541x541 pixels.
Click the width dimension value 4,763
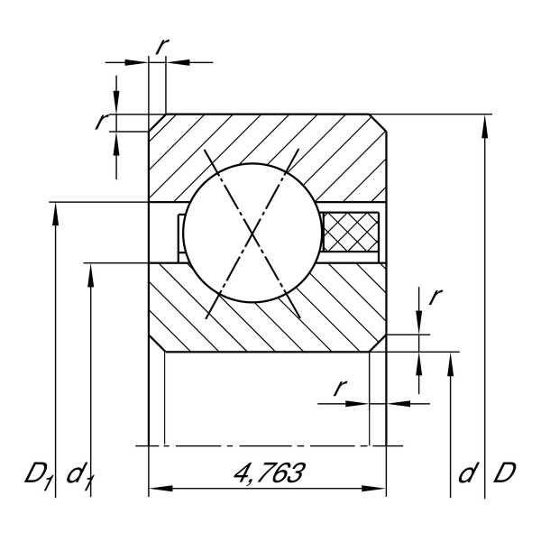tap(269, 473)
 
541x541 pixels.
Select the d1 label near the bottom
tap(80, 475)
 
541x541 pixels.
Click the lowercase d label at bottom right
tap(468, 472)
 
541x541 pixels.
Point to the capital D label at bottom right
tap(504, 472)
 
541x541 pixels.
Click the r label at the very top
tap(161, 46)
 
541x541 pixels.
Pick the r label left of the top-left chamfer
tap(101, 121)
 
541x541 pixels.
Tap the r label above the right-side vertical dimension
tap(436, 296)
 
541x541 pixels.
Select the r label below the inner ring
tap(340, 388)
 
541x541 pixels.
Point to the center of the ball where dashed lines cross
tap(252, 234)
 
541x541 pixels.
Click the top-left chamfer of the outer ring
tap(157, 123)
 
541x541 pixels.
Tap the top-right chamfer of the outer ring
tap(378, 123)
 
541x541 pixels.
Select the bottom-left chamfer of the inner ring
tap(157, 344)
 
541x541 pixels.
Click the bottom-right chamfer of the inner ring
tap(378, 344)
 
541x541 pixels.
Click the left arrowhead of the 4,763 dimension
tap(160, 488)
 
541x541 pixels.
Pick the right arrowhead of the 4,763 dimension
tap(373, 488)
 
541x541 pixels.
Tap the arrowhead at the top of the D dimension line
tap(485, 126)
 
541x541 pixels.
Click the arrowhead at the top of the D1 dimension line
tap(55, 214)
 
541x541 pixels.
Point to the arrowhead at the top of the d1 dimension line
tap(90, 275)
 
